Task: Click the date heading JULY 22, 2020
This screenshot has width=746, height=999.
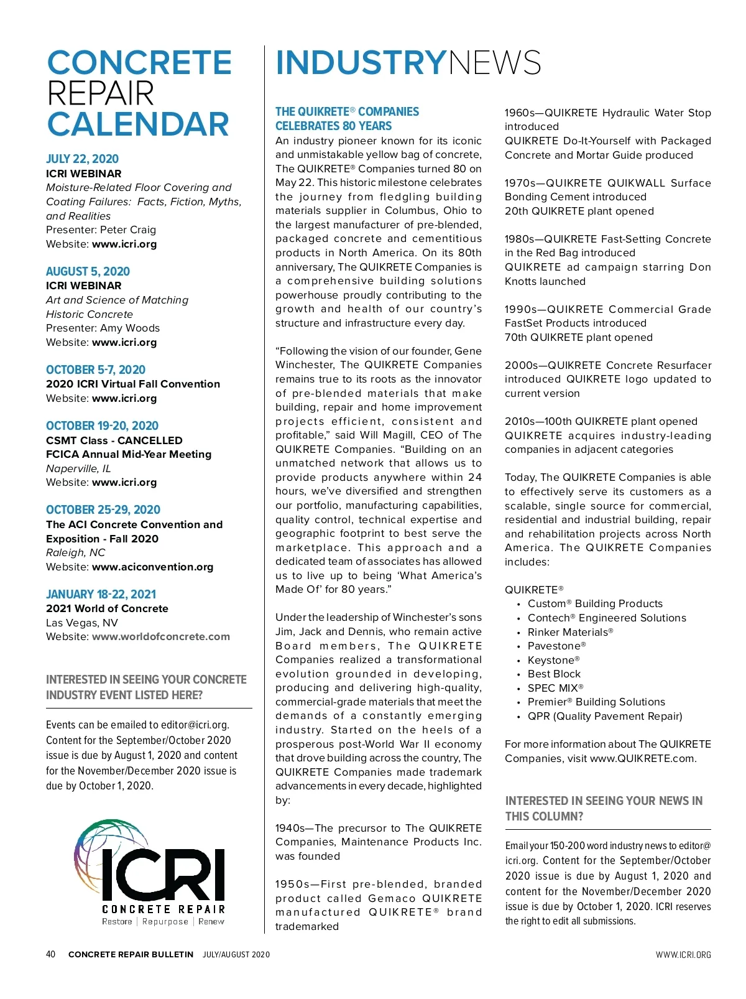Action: click(x=82, y=159)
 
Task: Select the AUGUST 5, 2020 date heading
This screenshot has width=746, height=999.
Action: click(x=88, y=271)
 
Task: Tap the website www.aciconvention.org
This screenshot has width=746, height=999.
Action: click(x=152, y=567)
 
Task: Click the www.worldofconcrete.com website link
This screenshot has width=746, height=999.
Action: click(x=160, y=636)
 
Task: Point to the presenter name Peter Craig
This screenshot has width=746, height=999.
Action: click(x=128, y=230)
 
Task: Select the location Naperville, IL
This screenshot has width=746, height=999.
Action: click(x=78, y=468)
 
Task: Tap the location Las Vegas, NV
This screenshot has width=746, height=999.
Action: click(x=82, y=623)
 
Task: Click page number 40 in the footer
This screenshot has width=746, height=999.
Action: click(x=51, y=954)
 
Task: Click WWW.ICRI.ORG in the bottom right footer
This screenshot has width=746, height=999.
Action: click(x=683, y=955)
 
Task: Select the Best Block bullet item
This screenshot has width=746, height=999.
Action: click(x=554, y=674)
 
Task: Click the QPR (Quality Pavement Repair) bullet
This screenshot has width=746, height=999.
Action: click(x=604, y=716)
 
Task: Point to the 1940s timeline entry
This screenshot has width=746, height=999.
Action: click(x=294, y=828)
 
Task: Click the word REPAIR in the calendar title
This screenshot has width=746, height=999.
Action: click(x=101, y=93)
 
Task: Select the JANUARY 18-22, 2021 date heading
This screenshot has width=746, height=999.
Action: click(x=101, y=594)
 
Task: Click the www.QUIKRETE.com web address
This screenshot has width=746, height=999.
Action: click(x=642, y=758)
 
